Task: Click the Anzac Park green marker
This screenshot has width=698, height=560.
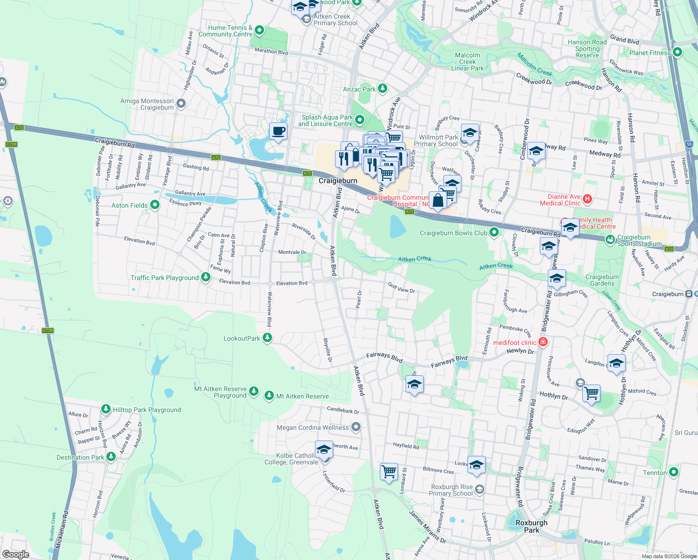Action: pos(383,88)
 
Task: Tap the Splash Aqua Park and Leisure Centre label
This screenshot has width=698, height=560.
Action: pos(326,120)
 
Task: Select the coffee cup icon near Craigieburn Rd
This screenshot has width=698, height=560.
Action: pos(279,132)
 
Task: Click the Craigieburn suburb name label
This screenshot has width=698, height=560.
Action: pos(338,181)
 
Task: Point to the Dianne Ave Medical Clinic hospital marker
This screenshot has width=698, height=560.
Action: pos(587,199)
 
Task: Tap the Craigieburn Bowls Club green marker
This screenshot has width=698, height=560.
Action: pos(494,232)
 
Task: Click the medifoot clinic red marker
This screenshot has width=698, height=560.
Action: pos(543,342)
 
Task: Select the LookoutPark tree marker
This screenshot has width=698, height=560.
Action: pos(267,338)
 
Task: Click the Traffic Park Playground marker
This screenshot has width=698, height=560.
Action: pos(205,277)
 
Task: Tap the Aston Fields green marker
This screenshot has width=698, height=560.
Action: pos(155,205)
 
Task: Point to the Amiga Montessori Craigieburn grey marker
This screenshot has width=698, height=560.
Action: pos(181,104)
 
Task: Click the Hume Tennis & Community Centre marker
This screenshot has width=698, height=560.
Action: pos(259,31)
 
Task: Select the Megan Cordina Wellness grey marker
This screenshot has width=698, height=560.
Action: pos(356,427)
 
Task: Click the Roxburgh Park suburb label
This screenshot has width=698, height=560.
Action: pos(531,526)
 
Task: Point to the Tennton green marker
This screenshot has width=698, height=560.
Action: pos(673,472)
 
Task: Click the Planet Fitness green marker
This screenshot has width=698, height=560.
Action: pos(677,52)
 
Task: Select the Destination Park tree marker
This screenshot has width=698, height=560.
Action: pos(111,457)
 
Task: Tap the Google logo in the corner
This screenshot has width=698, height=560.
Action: pos(16,554)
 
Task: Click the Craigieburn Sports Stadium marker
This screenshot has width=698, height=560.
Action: pos(610,239)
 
